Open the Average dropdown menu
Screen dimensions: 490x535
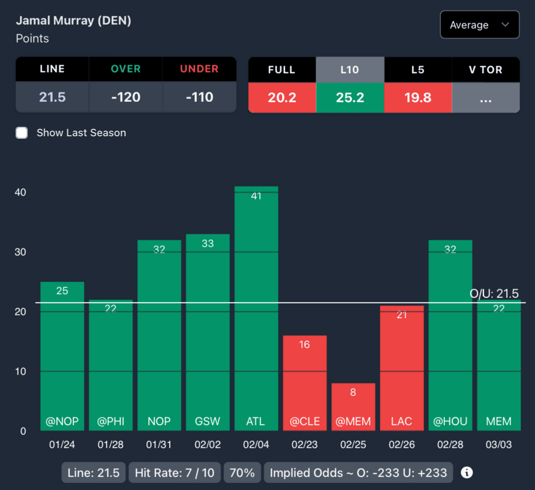(480, 25)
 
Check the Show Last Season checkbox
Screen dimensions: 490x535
(21, 133)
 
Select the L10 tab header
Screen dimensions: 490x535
(350, 69)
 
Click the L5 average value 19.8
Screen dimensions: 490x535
(417, 97)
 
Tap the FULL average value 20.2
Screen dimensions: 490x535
(282, 97)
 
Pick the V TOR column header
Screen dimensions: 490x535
(485, 69)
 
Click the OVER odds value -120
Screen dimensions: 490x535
(125, 97)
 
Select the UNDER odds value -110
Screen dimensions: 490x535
(199, 97)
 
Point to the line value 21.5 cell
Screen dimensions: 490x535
(52, 97)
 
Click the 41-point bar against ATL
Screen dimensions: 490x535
(256, 309)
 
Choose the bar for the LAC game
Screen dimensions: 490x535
(402, 368)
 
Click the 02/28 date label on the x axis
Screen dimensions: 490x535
(450, 445)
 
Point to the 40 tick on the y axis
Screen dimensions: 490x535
(20, 192)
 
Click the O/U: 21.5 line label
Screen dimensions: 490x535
(494, 293)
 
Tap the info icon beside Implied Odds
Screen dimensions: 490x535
(467, 473)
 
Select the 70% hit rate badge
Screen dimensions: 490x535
(242, 473)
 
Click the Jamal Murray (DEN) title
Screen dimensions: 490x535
(74, 21)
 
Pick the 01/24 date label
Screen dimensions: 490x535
(62, 445)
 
